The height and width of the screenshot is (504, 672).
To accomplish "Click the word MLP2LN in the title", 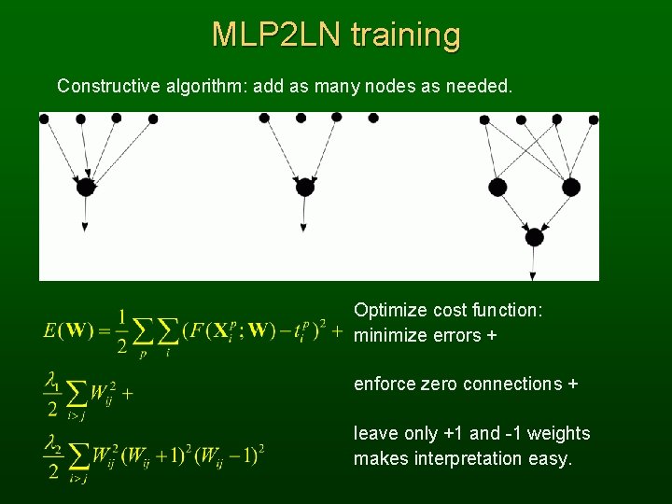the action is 277,35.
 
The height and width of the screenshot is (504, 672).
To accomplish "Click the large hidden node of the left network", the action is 85,187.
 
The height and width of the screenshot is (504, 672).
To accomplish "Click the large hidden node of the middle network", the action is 304,187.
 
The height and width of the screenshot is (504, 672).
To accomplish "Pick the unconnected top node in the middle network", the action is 373,119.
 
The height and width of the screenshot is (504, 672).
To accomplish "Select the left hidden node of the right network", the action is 497,187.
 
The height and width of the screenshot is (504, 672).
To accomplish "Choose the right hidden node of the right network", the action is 570,187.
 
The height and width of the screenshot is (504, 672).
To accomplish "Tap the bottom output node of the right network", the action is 534,237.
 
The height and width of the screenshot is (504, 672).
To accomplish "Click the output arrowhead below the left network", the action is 85,227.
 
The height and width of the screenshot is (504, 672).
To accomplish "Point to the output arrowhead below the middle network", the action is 304,227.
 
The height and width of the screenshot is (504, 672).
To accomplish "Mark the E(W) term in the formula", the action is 67,330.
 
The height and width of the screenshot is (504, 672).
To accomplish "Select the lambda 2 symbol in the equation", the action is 52,444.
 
